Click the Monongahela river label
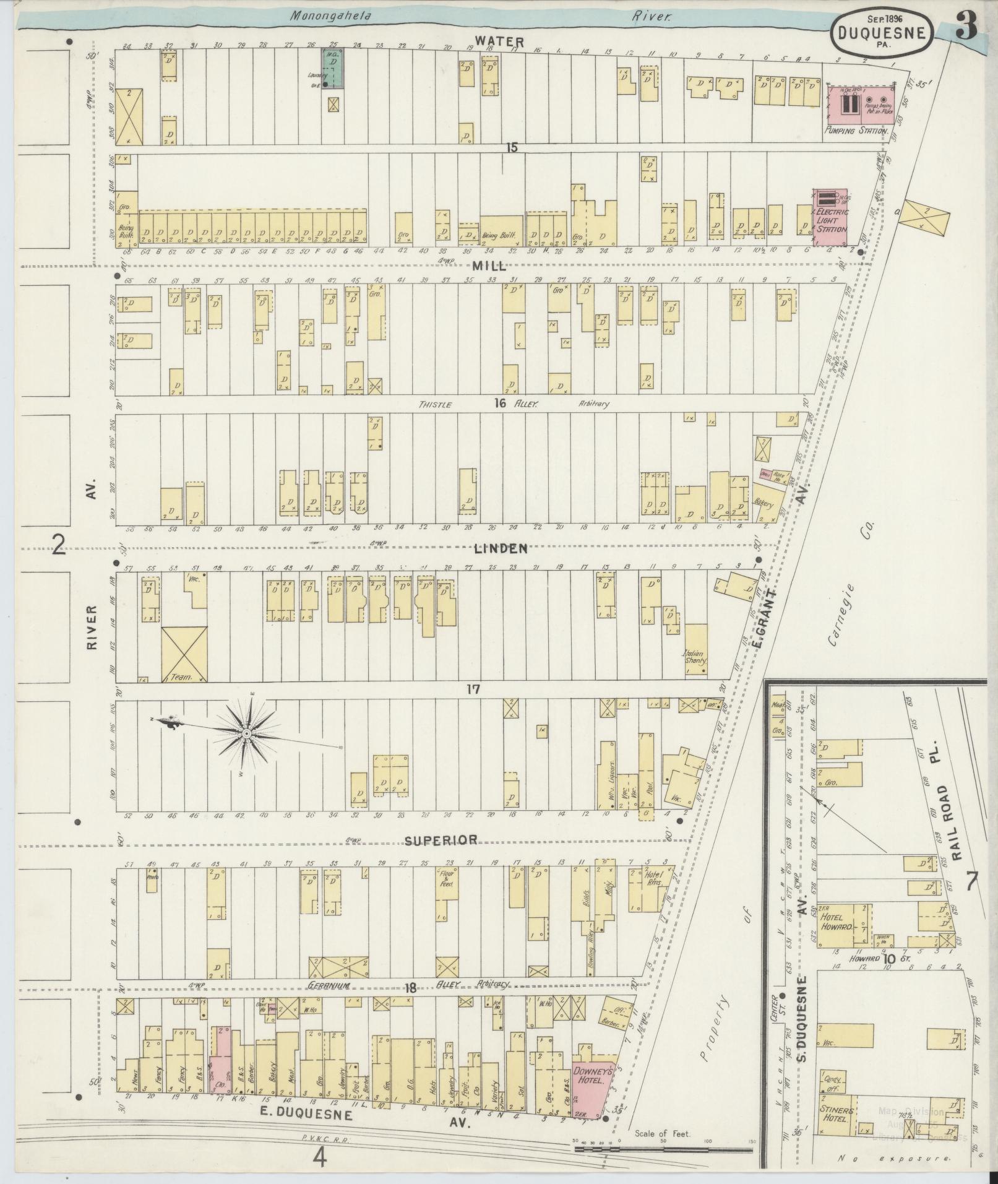tap(331, 17)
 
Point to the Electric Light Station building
tap(830, 218)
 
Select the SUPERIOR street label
tap(441, 840)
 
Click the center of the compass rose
tap(246, 733)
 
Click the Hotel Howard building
tap(844, 927)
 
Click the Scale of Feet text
tap(663, 1134)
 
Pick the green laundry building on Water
tap(333, 69)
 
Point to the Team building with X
tap(184, 654)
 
